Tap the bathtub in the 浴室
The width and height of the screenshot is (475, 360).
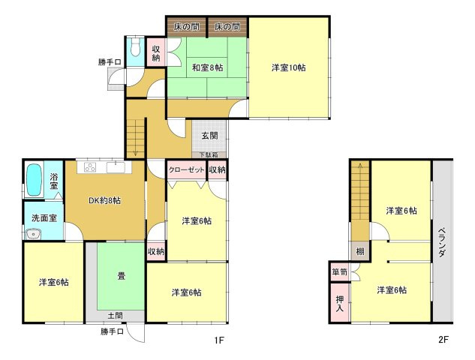(x=34, y=180)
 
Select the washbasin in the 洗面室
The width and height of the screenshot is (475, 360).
(x=33, y=234)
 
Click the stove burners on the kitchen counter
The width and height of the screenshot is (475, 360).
(x=90, y=167)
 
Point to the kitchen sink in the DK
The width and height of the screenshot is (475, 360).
(x=116, y=167)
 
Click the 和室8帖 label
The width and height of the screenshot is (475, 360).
(x=208, y=67)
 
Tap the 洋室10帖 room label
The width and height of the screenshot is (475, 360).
(x=288, y=67)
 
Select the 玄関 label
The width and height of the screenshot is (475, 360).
(x=209, y=135)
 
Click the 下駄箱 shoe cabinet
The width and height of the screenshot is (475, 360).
(x=209, y=154)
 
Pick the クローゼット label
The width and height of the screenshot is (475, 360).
(x=187, y=169)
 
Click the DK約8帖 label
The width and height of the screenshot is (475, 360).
(x=104, y=200)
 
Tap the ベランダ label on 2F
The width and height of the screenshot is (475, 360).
(x=442, y=242)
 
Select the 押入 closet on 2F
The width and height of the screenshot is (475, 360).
(x=340, y=303)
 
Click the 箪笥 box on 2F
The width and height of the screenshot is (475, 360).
(x=339, y=272)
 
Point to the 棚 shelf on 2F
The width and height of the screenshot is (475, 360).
(x=360, y=251)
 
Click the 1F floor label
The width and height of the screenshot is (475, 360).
(x=219, y=340)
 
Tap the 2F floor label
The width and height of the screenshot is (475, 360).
(x=443, y=340)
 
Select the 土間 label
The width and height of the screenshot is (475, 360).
(x=116, y=316)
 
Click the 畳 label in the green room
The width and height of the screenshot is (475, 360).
(x=122, y=276)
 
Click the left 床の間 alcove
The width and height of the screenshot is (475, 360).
(x=186, y=27)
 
